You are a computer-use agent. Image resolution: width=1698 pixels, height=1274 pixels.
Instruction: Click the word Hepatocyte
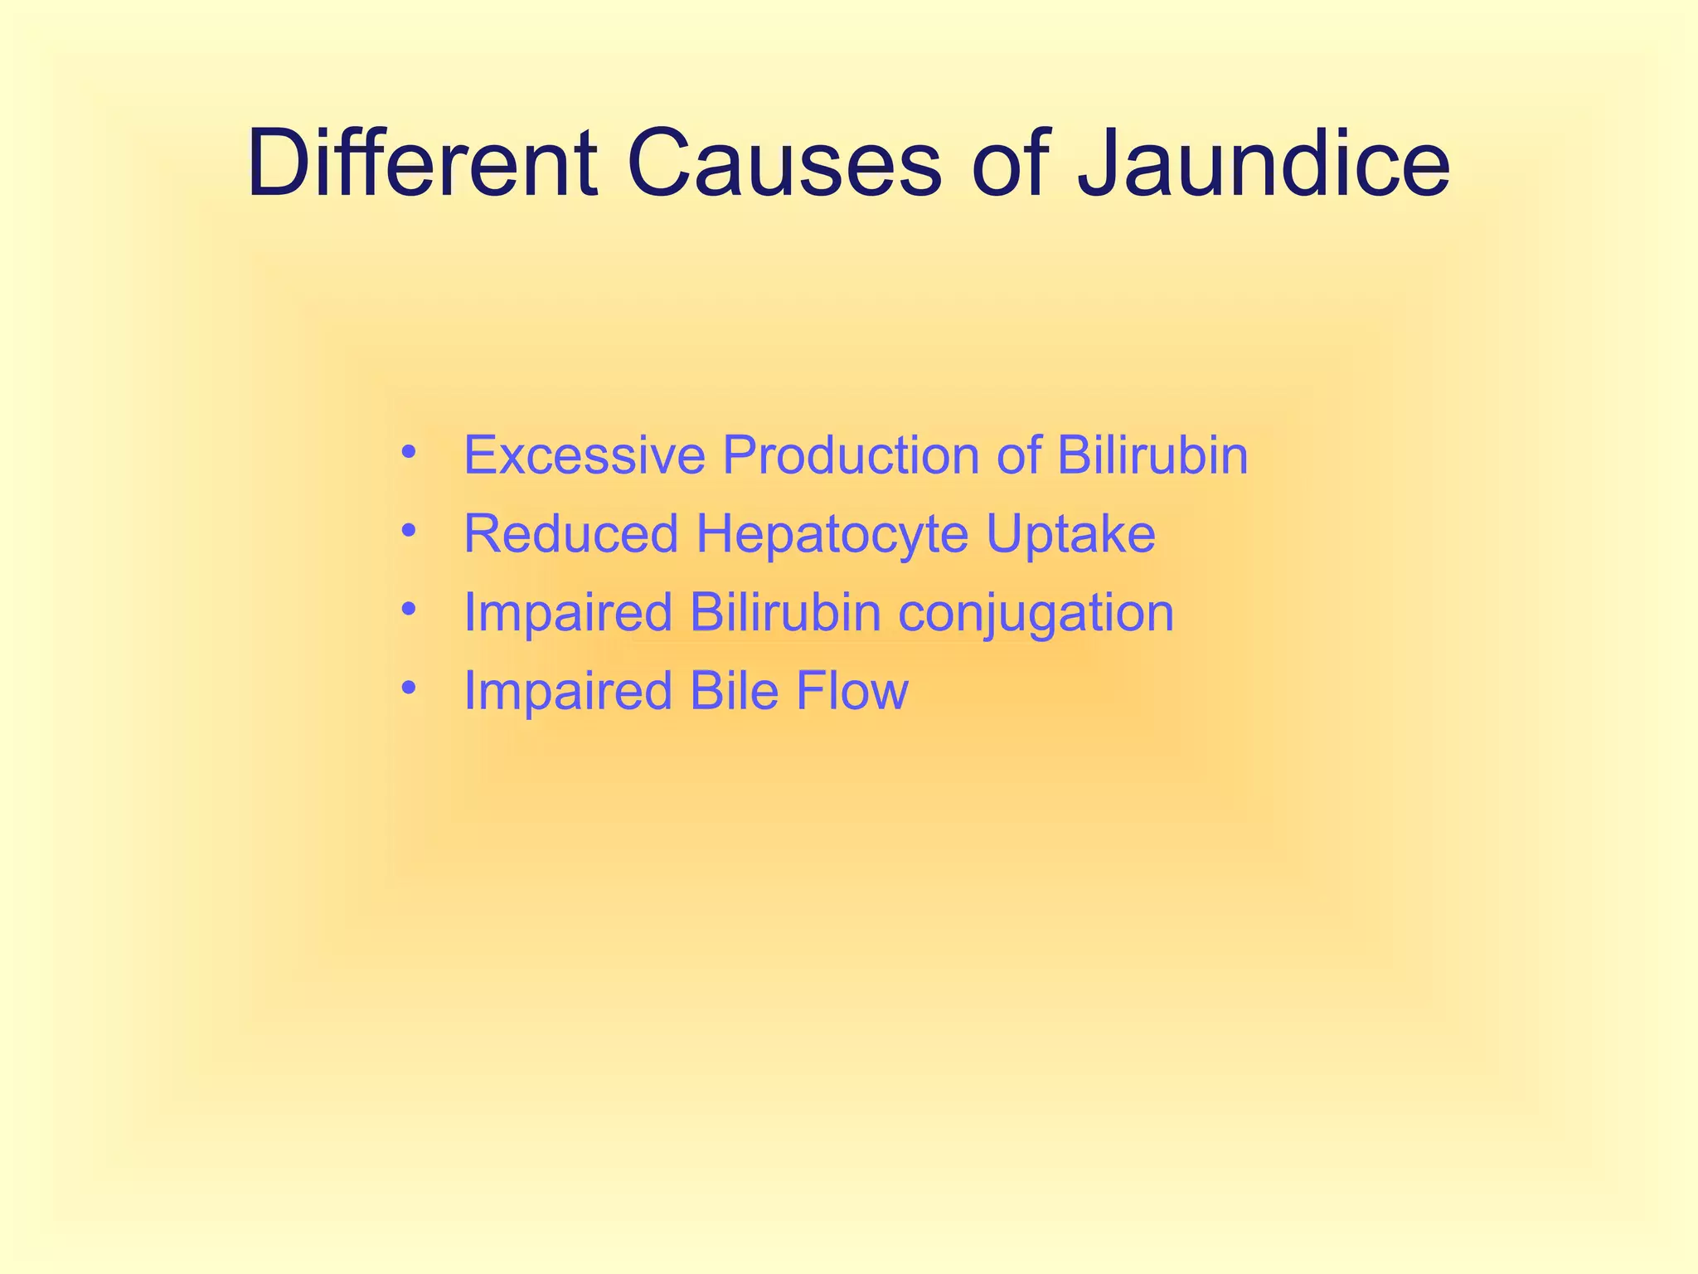832,535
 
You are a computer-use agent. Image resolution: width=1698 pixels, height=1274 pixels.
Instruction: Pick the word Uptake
1070,535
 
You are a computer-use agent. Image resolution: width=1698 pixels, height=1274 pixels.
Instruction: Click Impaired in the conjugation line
567,613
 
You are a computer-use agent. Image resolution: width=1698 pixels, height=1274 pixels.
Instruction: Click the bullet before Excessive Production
407,453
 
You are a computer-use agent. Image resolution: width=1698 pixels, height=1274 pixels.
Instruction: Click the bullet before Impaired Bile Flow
407,688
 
